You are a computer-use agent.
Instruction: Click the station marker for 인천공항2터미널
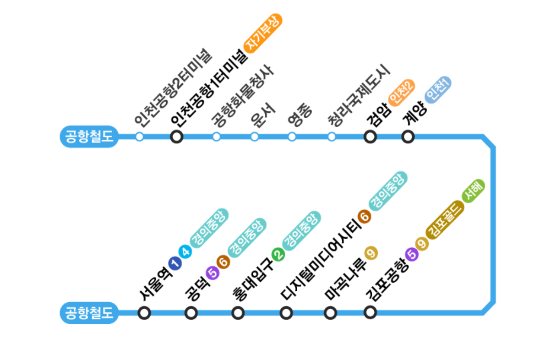click(140, 136)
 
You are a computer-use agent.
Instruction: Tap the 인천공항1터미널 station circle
click(176, 136)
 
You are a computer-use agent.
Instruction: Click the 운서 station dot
click(255, 136)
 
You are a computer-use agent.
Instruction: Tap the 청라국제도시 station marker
click(332, 136)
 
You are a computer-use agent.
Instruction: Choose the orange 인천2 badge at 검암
click(402, 92)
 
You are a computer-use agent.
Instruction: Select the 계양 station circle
click(408, 136)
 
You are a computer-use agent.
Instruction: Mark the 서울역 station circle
click(144, 313)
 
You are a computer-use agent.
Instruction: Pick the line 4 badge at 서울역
click(185, 252)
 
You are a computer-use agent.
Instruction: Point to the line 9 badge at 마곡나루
click(371, 252)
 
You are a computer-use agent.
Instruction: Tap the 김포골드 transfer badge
click(445, 220)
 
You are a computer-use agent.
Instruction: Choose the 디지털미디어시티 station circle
click(286, 313)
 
